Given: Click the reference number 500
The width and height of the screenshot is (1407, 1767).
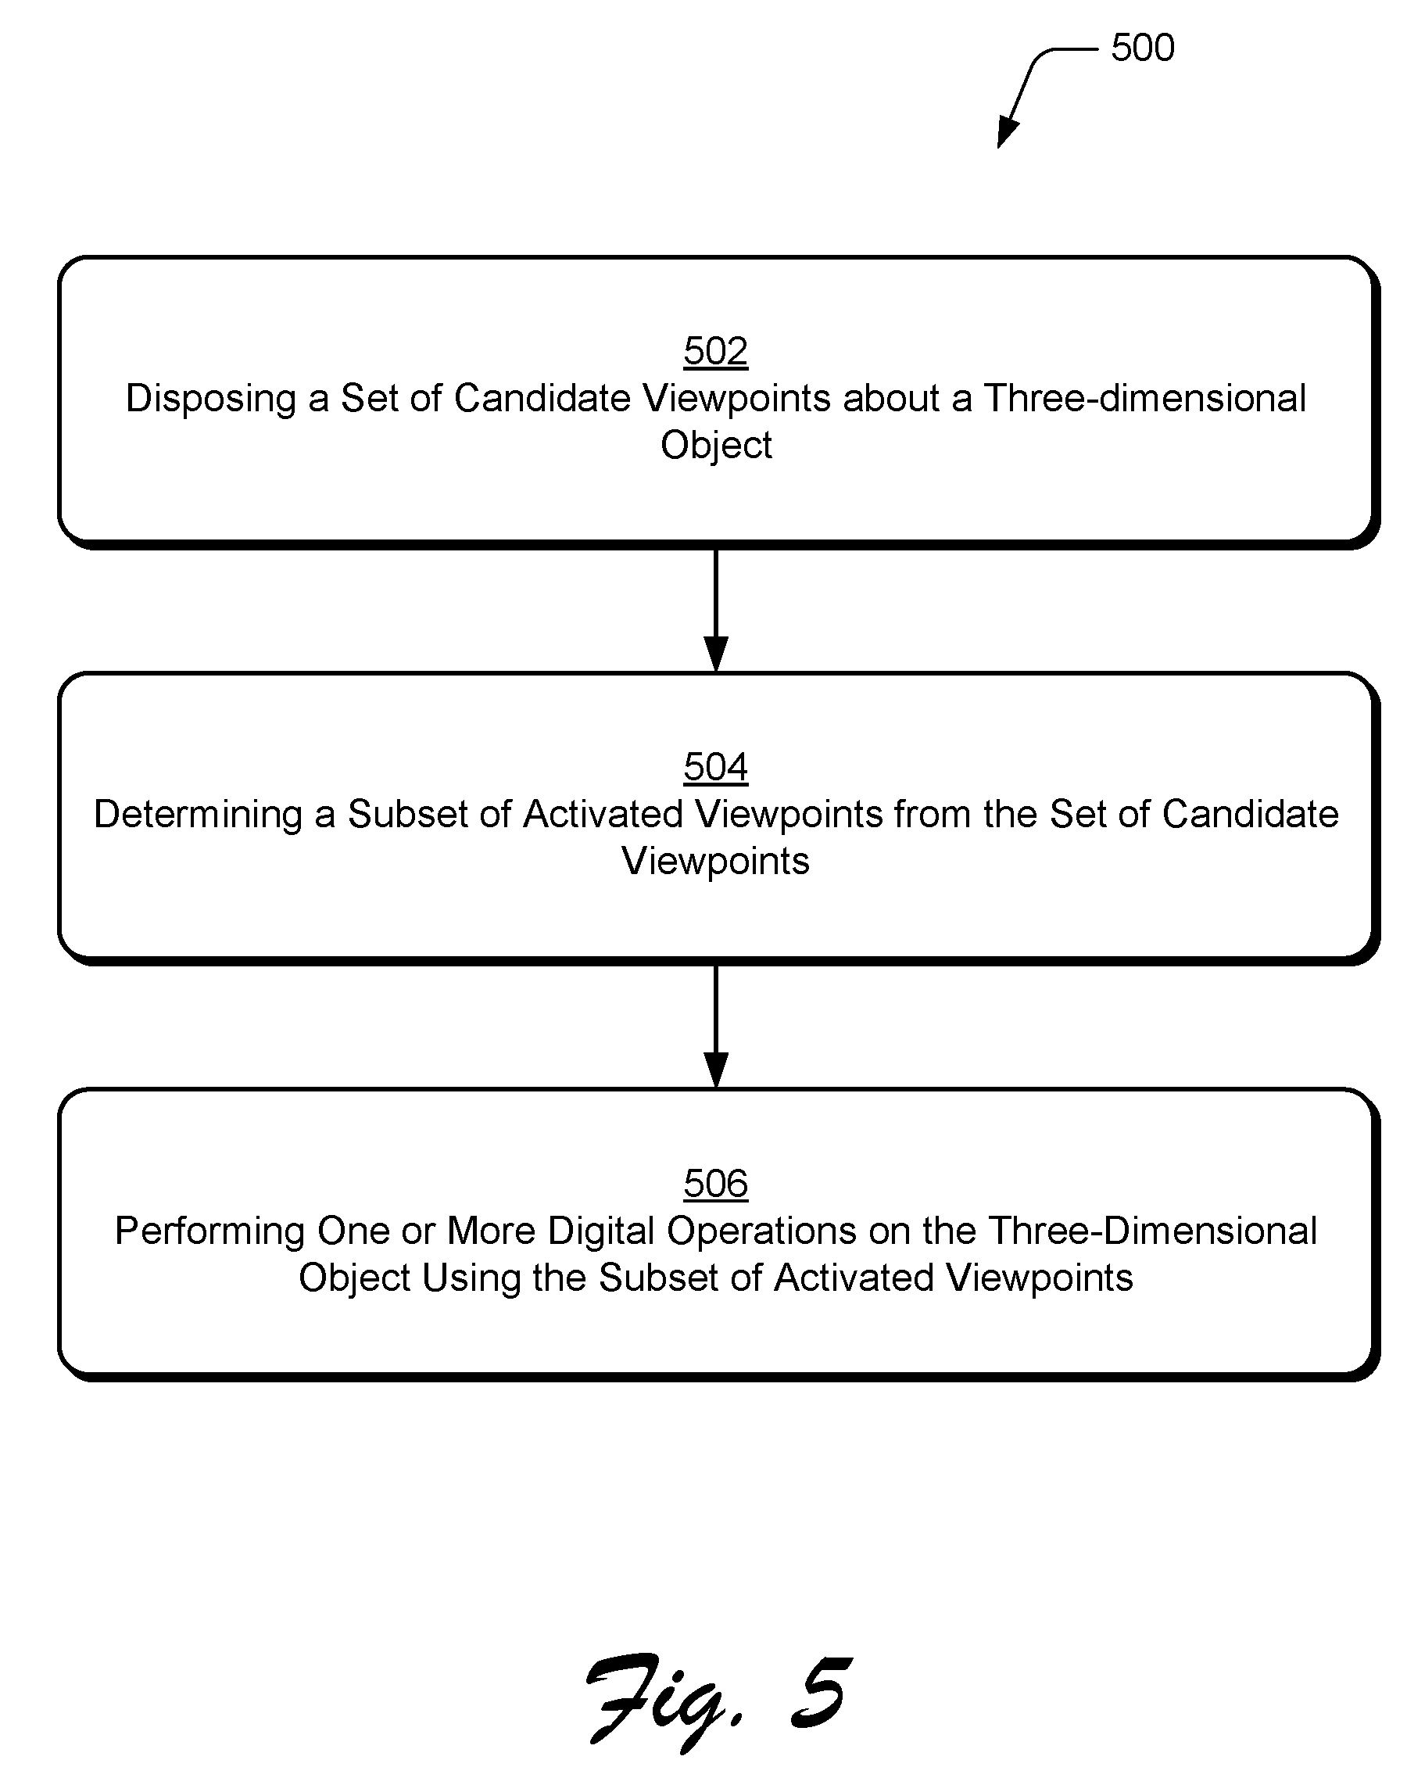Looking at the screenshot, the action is pyautogui.click(x=1142, y=48).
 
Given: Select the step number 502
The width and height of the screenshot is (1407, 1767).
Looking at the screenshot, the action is pyautogui.click(x=715, y=352).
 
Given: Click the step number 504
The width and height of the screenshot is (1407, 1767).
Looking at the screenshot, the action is pyautogui.click(x=715, y=768).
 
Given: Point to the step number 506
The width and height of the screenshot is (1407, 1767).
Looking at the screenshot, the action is pyautogui.click(x=715, y=1185).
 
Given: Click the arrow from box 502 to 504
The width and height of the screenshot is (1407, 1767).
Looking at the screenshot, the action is pyautogui.click(x=716, y=611).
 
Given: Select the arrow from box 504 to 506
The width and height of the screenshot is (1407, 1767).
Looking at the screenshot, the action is pyautogui.click(x=716, y=1027).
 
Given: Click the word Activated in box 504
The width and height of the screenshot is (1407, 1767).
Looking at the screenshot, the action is pyautogui.click(x=603, y=815).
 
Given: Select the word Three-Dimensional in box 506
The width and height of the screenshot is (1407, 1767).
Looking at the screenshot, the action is pyautogui.click(x=1152, y=1231).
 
